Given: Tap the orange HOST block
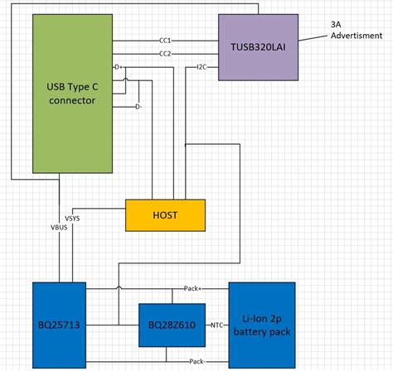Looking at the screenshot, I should pyautogui.click(x=165, y=214).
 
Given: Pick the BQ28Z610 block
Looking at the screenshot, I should pyautogui.click(x=171, y=324).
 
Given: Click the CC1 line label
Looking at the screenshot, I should pyautogui.click(x=164, y=40).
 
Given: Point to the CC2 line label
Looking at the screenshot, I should pyautogui.click(x=164, y=54).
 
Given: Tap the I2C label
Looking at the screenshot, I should pyautogui.click(x=202, y=66).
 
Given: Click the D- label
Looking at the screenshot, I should pyautogui.click(x=138, y=106).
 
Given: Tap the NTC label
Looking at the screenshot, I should pyautogui.click(x=217, y=325).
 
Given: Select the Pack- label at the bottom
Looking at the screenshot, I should pyautogui.click(x=196, y=362).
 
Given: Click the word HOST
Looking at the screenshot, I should pyautogui.click(x=165, y=214).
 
